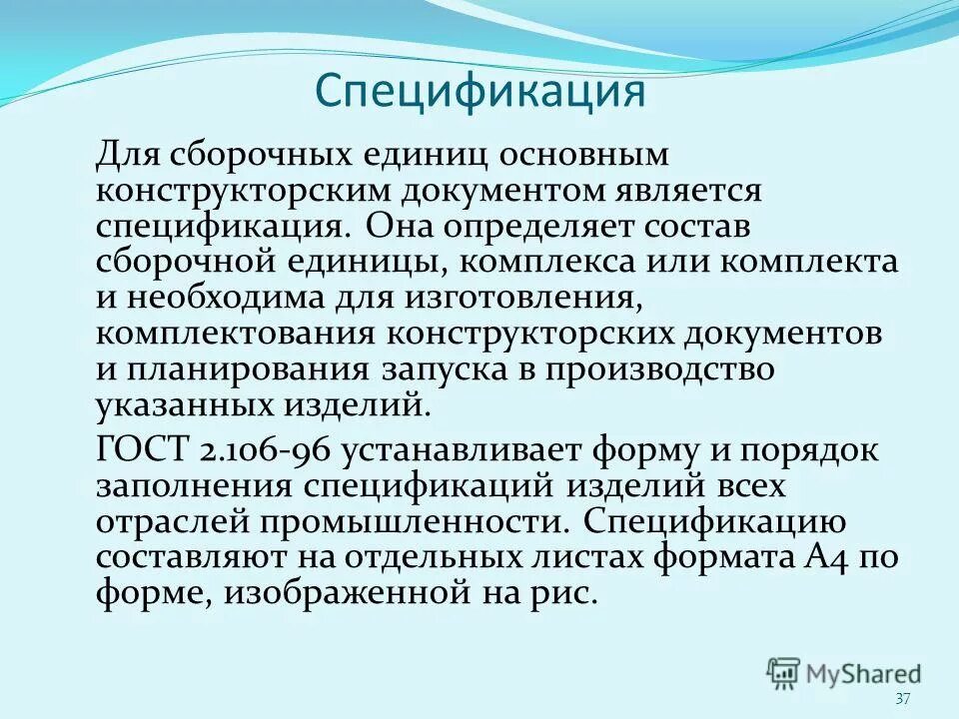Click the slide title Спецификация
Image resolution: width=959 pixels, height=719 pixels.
(x=479, y=92)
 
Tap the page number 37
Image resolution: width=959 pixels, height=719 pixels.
(x=904, y=699)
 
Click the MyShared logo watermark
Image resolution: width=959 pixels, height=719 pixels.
(x=844, y=673)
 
